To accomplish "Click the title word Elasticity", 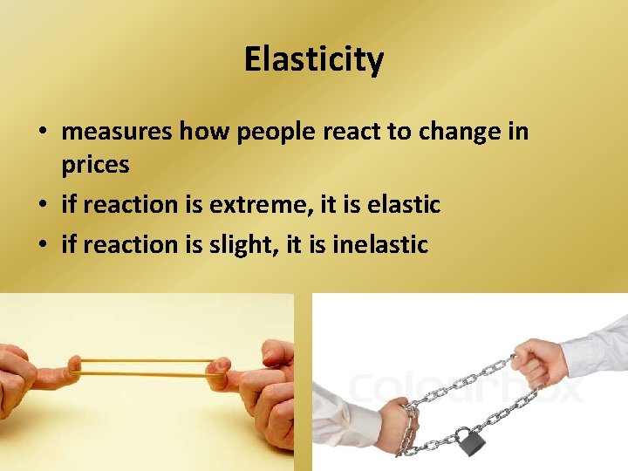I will click(313, 60).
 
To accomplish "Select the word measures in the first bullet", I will click(118, 132).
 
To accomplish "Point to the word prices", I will click(95, 164).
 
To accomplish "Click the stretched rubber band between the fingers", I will click(144, 366).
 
